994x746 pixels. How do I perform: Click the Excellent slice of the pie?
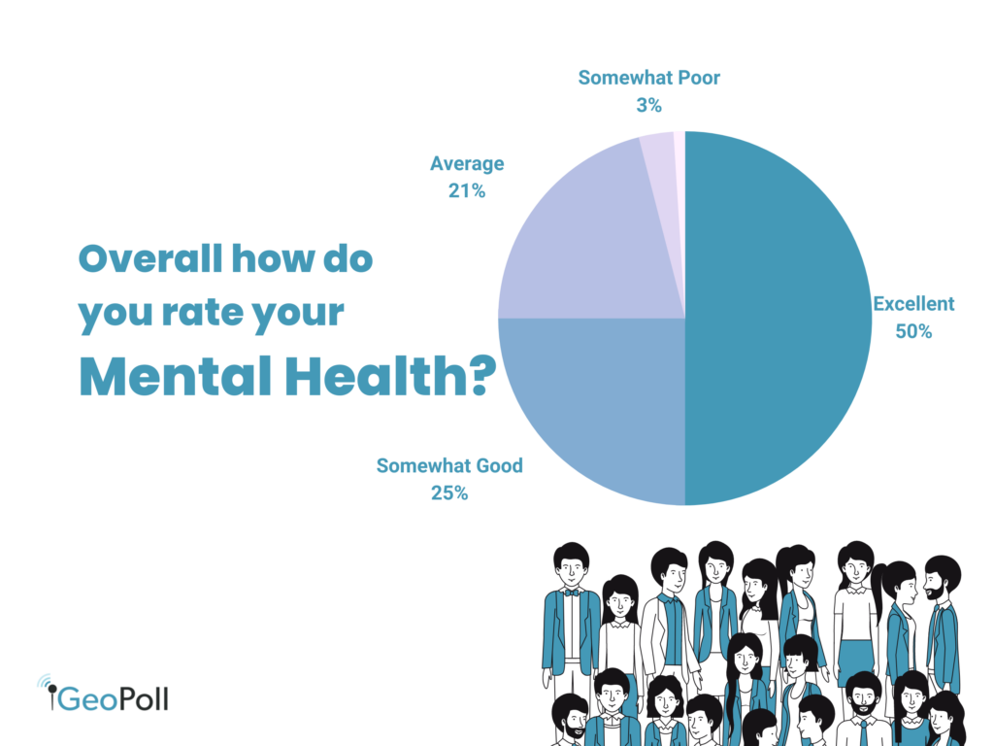tap(777, 321)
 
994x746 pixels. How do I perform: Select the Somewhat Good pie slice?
tap(592, 408)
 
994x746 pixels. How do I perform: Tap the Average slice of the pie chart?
tap(582, 243)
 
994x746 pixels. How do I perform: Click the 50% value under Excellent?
tap(913, 331)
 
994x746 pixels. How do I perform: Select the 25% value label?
tap(449, 492)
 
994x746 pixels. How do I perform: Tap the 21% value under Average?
tap(467, 191)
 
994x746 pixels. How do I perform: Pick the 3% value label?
tap(648, 104)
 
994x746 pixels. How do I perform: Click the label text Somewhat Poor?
tap(648, 77)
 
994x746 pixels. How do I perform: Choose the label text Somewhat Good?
tap(449, 465)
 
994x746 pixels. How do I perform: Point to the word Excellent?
tap(913, 304)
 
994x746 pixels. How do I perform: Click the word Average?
tap(467, 163)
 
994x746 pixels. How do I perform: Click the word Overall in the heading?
tap(147, 259)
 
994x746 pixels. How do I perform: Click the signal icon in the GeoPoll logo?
tap(46, 686)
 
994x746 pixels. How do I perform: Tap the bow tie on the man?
tap(572, 592)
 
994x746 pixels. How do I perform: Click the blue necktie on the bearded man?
tap(863, 730)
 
